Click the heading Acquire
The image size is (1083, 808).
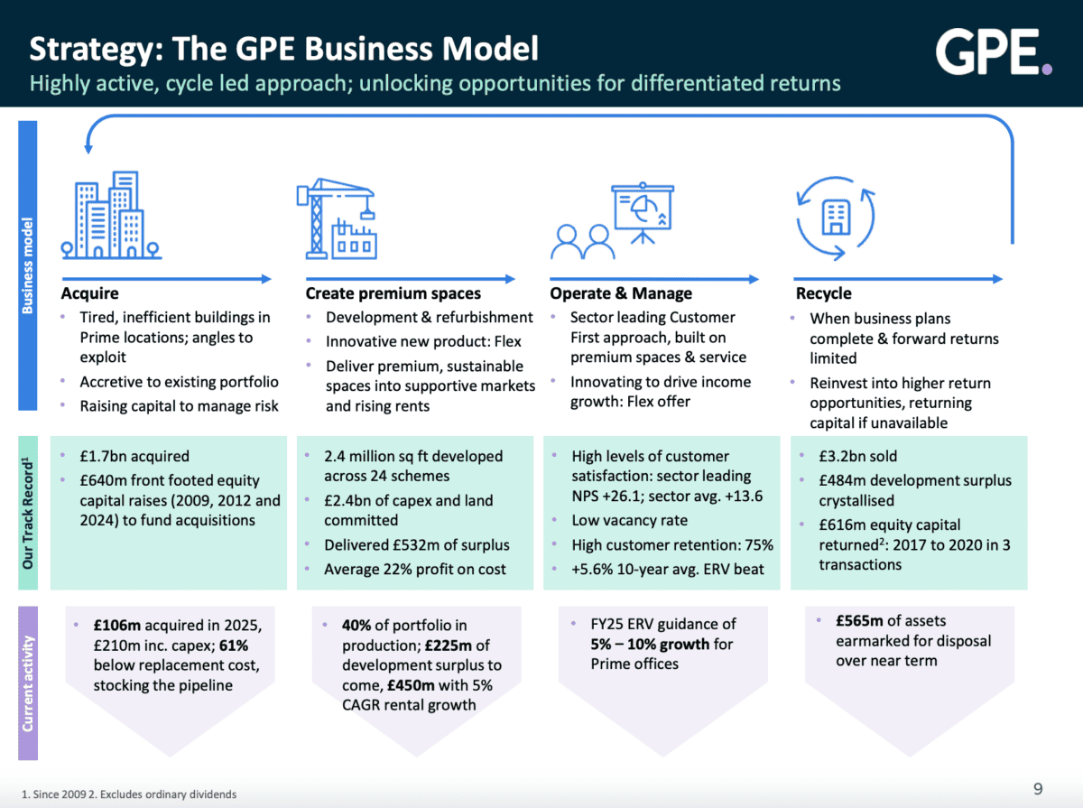pyautogui.click(x=89, y=293)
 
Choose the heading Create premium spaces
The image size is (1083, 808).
pyautogui.click(x=393, y=293)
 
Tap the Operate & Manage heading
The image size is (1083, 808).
pyautogui.click(x=621, y=293)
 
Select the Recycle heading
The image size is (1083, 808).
pyautogui.click(x=823, y=293)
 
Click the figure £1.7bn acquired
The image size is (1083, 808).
pyautogui.click(x=134, y=457)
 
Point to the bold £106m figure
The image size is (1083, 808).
pyautogui.click(x=116, y=625)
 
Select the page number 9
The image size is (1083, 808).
pyautogui.click(x=1038, y=789)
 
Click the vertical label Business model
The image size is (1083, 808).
pyautogui.click(x=28, y=265)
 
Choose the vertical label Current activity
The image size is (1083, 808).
pyautogui.click(x=28, y=683)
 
